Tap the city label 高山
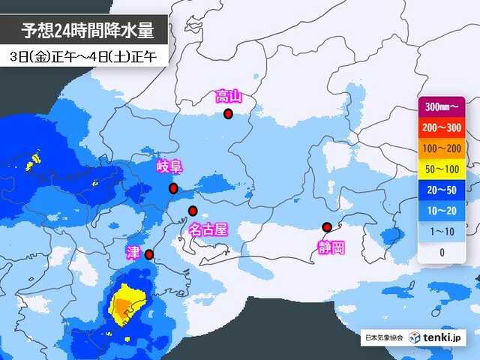pyautogui.click(x=228, y=96)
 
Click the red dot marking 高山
pyautogui.click(x=228, y=114)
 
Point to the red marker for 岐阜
pyautogui.click(x=173, y=188)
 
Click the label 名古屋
pyautogui.click(x=208, y=229)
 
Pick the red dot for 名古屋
pyautogui.click(x=193, y=211)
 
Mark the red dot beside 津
pyautogui.click(x=148, y=255)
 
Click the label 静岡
pyautogui.click(x=331, y=248)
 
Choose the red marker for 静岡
pyautogui.click(x=327, y=227)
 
